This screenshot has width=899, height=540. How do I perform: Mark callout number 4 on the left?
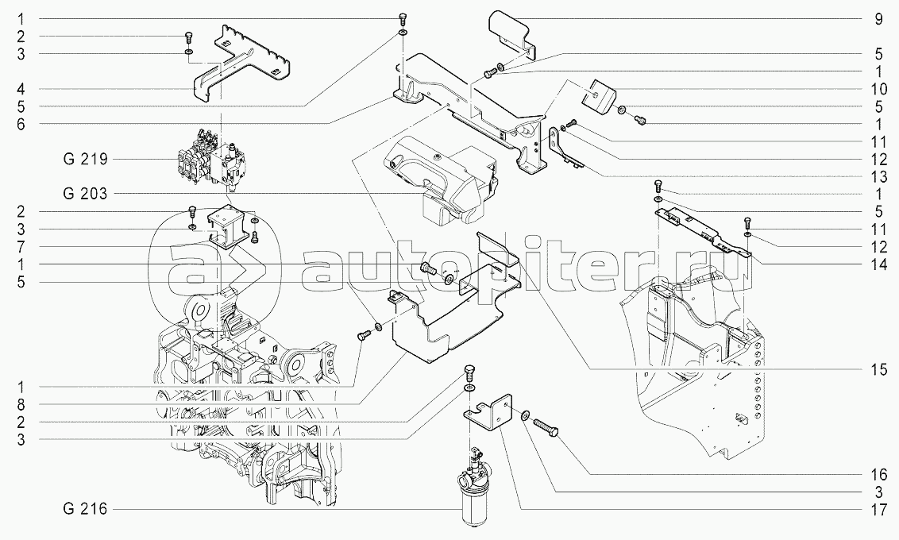tap(22, 88)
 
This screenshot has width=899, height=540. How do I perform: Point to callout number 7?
tap(22, 245)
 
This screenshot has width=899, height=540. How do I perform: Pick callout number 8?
tap(22, 403)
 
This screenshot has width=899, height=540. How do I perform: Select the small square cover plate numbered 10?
tap(601, 94)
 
